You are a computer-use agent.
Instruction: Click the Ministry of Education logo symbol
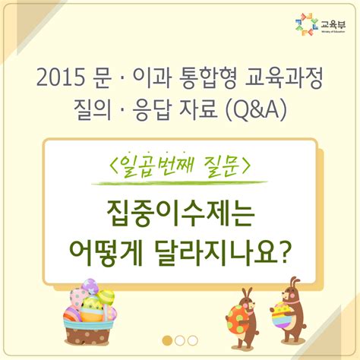click(305, 24)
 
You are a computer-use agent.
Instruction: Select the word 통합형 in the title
click(200, 77)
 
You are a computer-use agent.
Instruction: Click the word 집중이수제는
click(181, 211)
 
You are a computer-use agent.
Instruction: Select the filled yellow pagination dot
click(166, 340)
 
